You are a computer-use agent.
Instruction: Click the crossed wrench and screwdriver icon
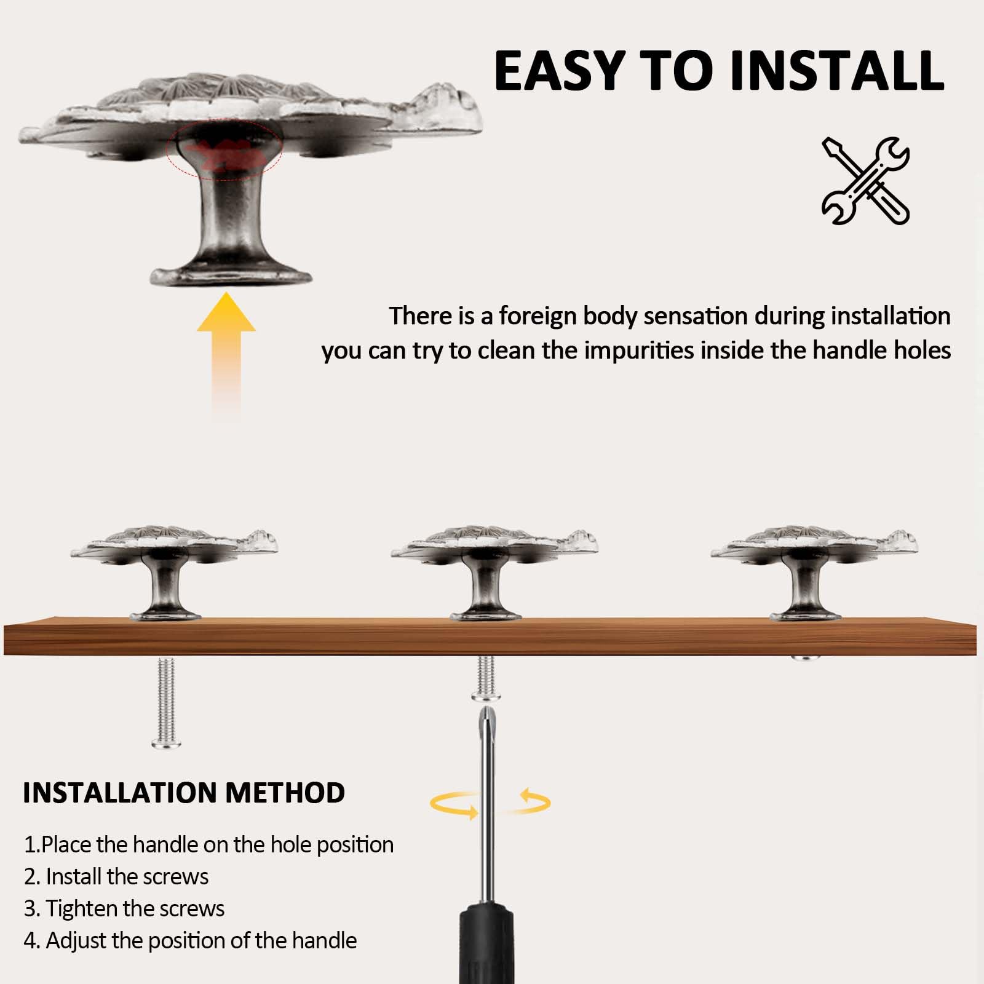pos(865,180)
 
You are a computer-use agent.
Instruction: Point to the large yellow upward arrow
pos(226,357)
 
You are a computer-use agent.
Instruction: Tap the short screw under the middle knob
pos(486,678)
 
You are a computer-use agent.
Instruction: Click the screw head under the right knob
pos(806,659)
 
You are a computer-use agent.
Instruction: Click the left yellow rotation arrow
pos(455,804)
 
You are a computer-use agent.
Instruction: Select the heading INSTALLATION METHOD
pos(183,793)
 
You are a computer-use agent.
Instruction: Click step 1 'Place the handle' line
pos(208,845)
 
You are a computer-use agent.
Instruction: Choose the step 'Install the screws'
pos(116,876)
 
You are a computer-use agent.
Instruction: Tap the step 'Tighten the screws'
pos(124,909)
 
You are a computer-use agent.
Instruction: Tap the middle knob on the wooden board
pos(494,573)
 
